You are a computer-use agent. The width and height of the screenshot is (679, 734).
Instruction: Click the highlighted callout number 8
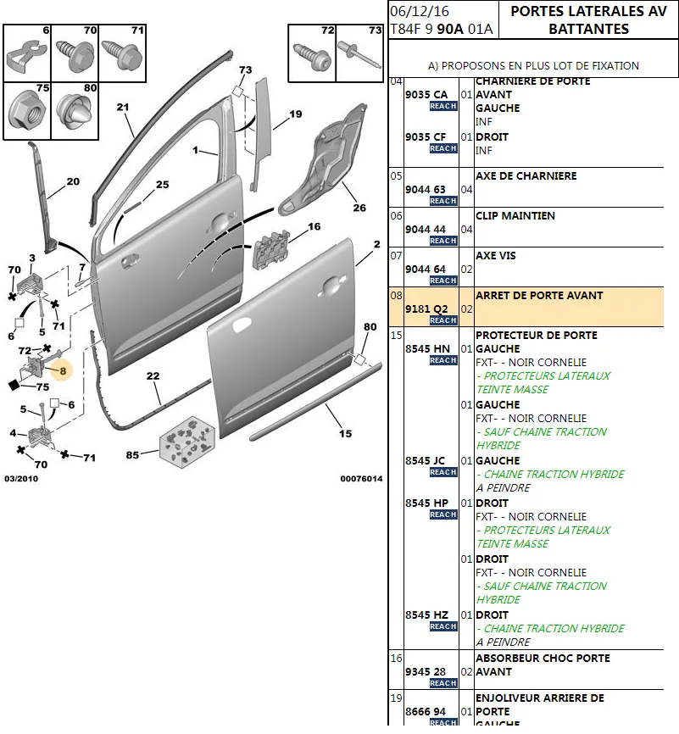[63, 370]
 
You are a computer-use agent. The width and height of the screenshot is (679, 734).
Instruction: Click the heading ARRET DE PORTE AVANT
[539, 296]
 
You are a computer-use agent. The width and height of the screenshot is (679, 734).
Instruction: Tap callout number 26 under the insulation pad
[359, 208]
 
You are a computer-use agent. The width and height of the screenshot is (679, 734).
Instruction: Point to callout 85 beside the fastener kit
[132, 455]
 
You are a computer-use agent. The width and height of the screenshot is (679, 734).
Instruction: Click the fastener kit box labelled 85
[186, 438]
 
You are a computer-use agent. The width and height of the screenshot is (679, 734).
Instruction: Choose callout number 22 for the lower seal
[153, 376]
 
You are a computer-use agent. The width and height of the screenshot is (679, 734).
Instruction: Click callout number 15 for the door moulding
[345, 434]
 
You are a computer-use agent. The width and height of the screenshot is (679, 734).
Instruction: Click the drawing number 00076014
[361, 479]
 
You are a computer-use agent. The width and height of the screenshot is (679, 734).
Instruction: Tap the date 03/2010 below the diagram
[20, 479]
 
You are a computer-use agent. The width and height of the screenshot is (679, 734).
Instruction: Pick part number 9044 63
[426, 189]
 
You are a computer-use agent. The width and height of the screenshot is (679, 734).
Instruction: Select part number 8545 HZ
[427, 614]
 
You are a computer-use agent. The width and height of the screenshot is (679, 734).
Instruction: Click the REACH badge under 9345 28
[443, 683]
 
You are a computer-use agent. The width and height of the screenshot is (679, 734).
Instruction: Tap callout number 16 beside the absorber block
[314, 227]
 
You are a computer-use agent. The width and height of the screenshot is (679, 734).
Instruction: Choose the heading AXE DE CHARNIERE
[526, 176]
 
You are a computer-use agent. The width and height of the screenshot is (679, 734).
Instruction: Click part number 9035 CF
[426, 136]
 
